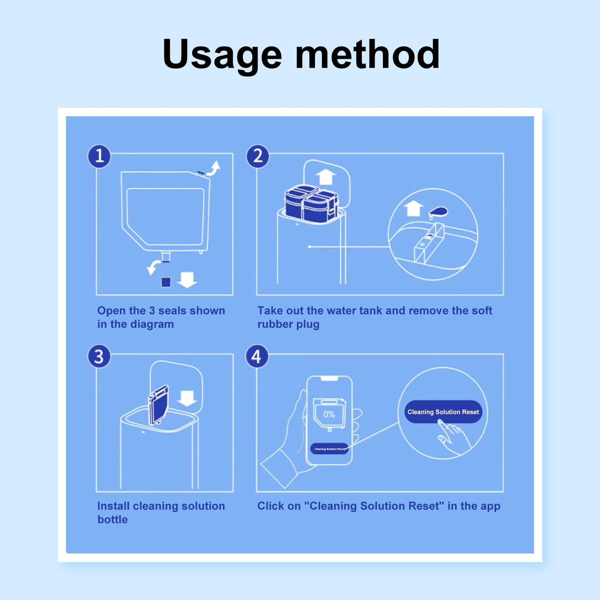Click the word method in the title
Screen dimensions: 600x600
click(367, 54)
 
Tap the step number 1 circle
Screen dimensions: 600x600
click(99, 156)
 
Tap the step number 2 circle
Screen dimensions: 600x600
click(257, 156)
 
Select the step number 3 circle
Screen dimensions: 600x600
click(99, 356)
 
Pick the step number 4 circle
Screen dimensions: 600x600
click(257, 356)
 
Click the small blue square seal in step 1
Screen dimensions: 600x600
click(166, 282)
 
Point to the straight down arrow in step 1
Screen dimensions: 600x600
click(187, 279)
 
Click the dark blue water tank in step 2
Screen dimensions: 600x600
click(311, 204)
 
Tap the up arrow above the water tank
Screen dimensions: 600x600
click(326, 176)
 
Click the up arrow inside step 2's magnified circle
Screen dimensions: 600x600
click(413, 208)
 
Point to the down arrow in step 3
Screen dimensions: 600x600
click(187, 398)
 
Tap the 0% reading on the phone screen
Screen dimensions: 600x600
click(329, 414)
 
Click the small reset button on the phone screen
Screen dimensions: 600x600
click(329, 449)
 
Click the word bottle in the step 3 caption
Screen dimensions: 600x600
click(113, 519)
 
